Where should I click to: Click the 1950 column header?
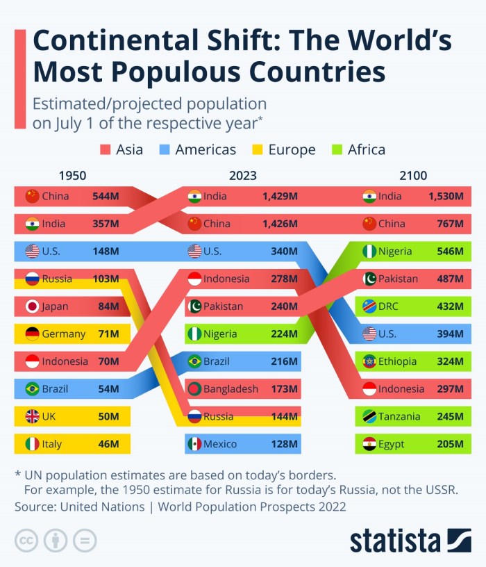72,176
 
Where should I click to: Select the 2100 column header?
413,176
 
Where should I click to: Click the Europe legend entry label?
292,149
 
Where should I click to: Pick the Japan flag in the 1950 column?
32,306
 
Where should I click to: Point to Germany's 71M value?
108,334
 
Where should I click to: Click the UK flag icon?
32,416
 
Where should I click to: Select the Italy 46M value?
108,444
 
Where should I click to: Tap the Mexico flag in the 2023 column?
195,444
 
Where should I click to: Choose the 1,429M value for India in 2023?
280,197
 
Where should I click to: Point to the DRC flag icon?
369,306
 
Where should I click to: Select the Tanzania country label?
399,416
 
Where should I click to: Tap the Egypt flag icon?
369,444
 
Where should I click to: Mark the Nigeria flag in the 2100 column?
369,252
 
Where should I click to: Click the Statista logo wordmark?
395,541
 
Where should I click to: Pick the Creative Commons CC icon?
26,540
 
